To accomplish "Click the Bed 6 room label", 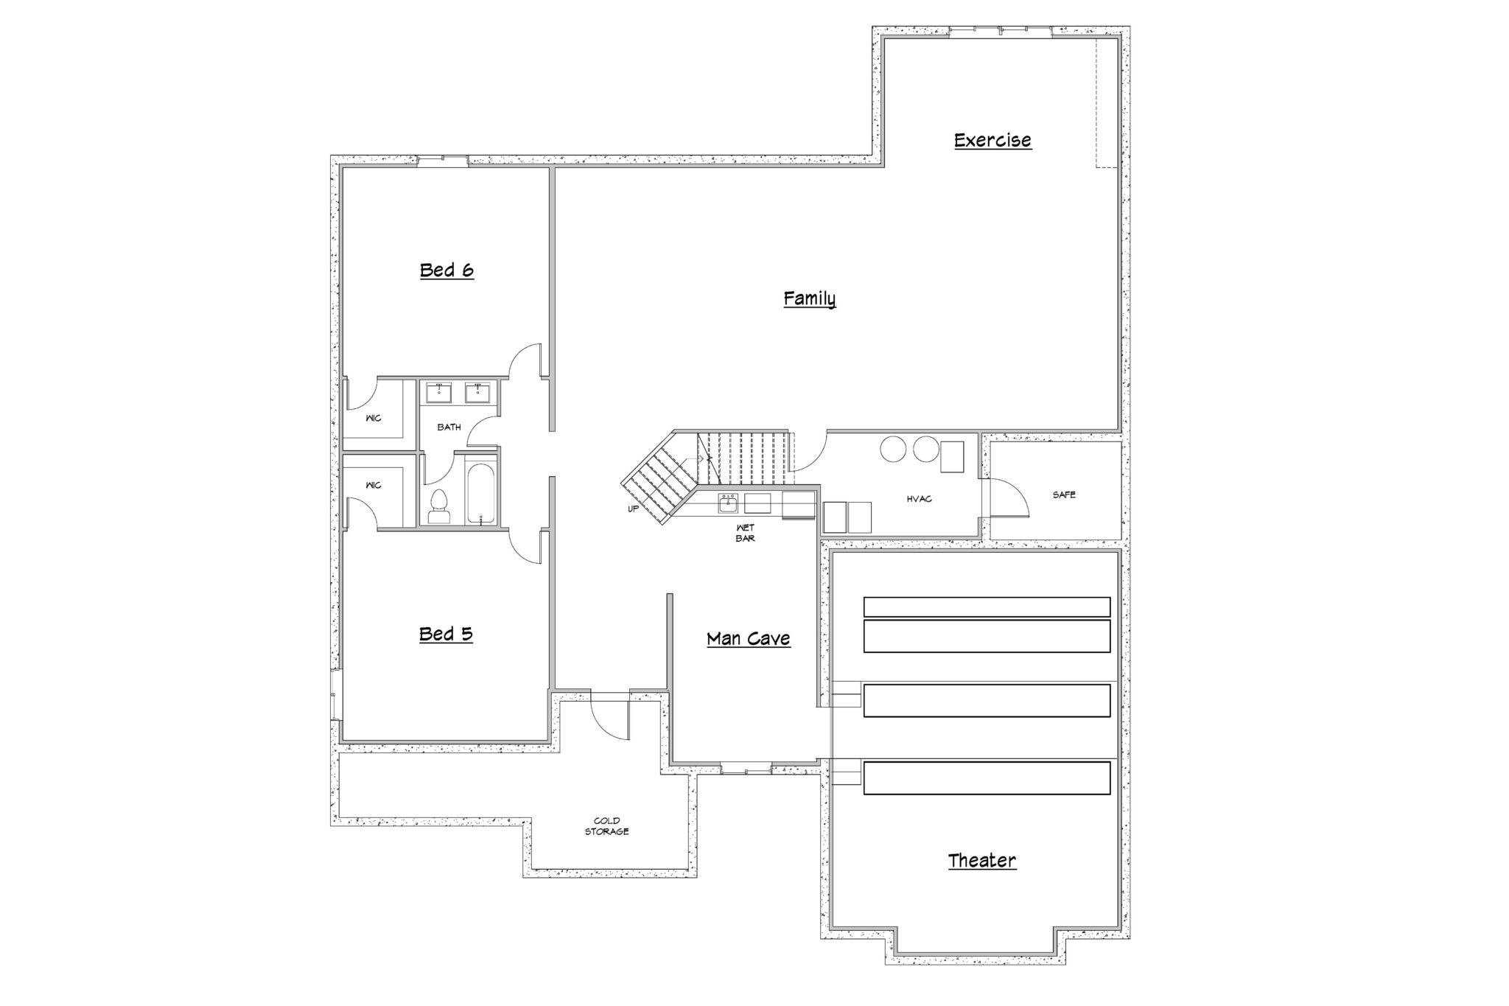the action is tap(447, 270).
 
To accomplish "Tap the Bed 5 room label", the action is tap(446, 634).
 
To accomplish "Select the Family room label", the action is tap(809, 298).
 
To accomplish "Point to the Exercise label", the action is tap(992, 140).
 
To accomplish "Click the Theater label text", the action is tap(982, 860).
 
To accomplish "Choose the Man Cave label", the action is tap(749, 638).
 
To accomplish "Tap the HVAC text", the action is tap(920, 499).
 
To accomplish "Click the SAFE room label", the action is tap(1064, 495).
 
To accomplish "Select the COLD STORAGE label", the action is tap(607, 826).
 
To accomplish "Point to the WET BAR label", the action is tap(745, 533).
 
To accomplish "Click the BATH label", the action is tap(449, 427).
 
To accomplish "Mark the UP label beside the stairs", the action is tap(633, 509).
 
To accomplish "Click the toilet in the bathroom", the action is tap(438, 506).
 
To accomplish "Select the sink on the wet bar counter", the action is tap(728, 504).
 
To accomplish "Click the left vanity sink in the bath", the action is tap(439, 392).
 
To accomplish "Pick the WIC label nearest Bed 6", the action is tap(374, 418).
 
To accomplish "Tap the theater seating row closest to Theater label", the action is tap(987, 778).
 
